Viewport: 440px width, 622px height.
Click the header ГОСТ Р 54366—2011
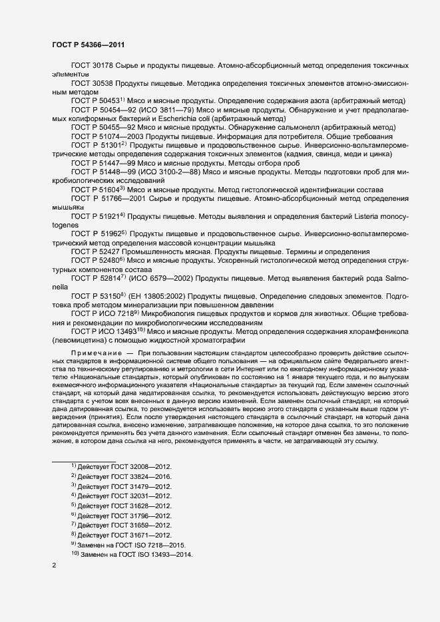(87, 44)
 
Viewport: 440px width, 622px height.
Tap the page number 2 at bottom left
(54, 565)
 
